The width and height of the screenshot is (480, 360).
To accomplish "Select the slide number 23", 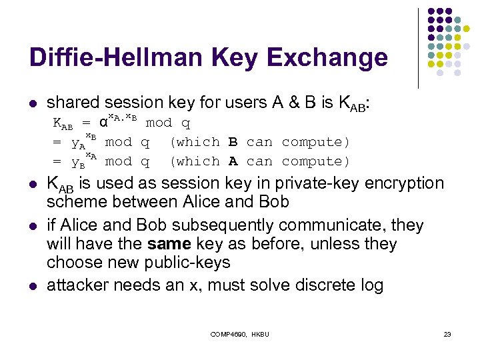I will coord(447,333).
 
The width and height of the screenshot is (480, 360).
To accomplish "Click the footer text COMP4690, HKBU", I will coord(240,333).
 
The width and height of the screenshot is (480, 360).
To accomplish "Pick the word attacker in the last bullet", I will coord(77,286).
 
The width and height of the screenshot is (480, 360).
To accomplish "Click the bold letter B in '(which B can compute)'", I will coord(233,142).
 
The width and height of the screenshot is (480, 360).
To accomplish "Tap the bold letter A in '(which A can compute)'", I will coord(233,161).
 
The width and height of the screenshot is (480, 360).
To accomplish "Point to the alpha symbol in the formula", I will coord(103,123).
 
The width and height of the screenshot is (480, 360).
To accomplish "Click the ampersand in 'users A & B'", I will coord(301,103).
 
